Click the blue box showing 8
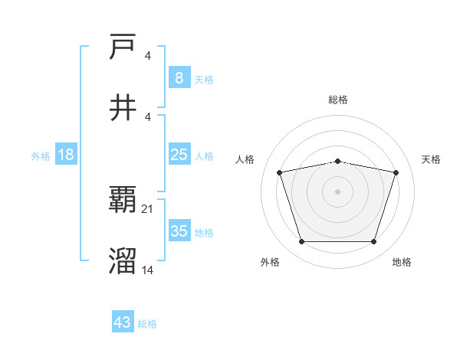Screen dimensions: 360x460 pos(179,78)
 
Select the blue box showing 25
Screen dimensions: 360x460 pos(179,155)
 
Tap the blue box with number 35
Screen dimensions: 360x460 pos(179,231)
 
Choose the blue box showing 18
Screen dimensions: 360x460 pos(66,155)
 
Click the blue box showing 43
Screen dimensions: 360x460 pos(123,322)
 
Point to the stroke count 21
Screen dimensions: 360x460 pos(148,209)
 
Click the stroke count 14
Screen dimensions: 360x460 pos(148,270)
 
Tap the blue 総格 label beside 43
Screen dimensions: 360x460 pos(147,324)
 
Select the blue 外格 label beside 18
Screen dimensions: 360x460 pos(41,155)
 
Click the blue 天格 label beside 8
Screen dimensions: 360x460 pos(204,79)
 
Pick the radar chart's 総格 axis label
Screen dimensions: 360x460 pos(337,100)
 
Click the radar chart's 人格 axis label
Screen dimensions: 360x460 pos(246,159)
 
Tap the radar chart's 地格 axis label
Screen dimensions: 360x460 pos(402,263)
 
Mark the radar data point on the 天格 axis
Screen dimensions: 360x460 pos(396,172)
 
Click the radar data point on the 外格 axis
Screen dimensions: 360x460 pos(301,242)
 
